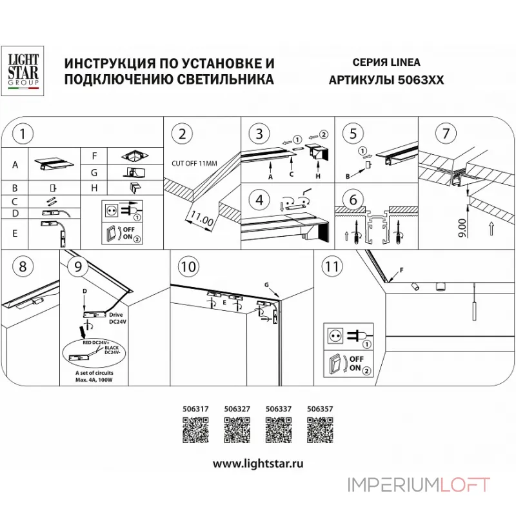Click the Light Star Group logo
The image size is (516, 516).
[23, 70]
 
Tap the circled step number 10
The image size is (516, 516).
[188, 266]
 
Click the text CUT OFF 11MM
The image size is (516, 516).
[193, 163]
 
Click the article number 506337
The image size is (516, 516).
[277, 408]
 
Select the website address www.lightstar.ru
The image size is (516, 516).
[258, 463]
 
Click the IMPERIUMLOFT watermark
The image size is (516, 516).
[419, 484]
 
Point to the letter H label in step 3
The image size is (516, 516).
[318, 175]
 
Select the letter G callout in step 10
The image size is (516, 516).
[266, 284]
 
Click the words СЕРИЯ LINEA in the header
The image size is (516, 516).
[386, 63]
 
